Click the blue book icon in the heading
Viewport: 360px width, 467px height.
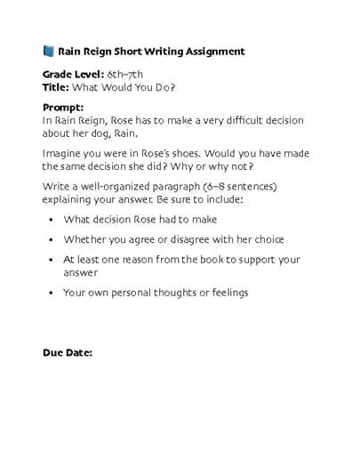pyautogui.click(x=48, y=52)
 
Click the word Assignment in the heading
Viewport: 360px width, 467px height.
pyautogui.click(x=211, y=52)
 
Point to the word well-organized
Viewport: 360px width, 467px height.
pyautogui.click(x=119, y=188)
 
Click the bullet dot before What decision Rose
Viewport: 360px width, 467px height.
pyautogui.click(x=51, y=219)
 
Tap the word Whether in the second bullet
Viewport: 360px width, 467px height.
pyautogui.click(x=84, y=239)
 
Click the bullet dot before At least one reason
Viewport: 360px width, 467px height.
pyautogui.click(x=51, y=260)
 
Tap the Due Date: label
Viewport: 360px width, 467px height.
pyautogui.click(x=68, y=353)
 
